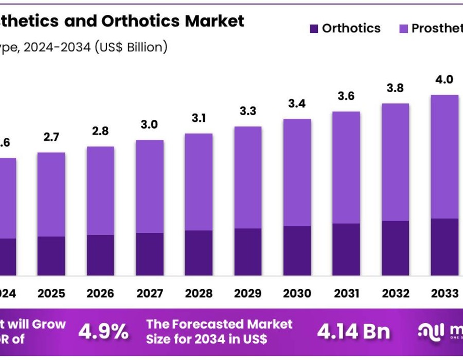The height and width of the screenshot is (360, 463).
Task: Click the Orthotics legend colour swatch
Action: pos(314,29)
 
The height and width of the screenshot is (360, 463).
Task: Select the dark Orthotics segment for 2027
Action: pos(150,254)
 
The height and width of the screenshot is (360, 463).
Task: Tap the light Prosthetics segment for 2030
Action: pos(297,172)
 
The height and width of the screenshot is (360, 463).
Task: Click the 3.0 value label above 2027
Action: pos(149,124)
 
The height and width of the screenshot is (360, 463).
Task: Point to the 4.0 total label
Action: pos(444,79)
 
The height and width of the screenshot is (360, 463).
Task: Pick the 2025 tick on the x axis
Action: pos(51,293)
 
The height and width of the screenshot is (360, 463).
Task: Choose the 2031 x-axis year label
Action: pos(347,293)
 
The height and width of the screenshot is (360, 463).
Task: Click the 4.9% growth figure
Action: pos(103,332)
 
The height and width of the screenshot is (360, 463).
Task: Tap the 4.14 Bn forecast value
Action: pos(353,332)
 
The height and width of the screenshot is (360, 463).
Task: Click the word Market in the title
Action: pos(215,21)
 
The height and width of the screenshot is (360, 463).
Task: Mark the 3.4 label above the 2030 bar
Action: pos(297,103)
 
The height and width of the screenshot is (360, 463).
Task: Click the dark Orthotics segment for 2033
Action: pos(444,247)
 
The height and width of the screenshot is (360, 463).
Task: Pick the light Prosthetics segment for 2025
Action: pos(51,194)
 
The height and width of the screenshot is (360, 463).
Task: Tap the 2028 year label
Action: pos(199,293)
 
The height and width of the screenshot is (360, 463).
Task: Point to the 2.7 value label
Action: pos(51,137)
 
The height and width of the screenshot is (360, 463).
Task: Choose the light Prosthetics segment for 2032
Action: pos(396,162)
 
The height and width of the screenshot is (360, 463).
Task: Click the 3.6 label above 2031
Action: pos(346,96)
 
